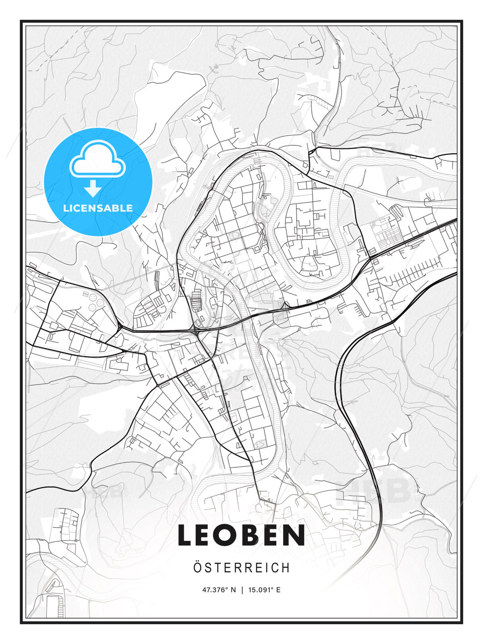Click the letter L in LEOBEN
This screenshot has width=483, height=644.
[x=185, y=535]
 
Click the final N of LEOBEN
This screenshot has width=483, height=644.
[x=297, y=535]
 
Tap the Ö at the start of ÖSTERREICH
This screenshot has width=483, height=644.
[x=197, y=567]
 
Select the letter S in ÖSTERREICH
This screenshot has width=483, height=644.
[x=208, y=568]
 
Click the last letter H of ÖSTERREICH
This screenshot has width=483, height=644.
[x=286, y=568]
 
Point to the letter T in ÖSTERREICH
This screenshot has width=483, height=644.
[x=218, y=568]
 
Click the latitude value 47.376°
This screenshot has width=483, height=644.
[x=216, y=590]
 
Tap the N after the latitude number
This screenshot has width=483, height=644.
[x=233, y=590]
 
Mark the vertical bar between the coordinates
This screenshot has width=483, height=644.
[x=242, y=590]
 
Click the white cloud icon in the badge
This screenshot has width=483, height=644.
[x=97, y=159]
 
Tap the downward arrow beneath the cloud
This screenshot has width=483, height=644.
[x=93, y=188]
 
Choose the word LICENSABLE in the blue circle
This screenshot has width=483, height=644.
[x=98, y=208]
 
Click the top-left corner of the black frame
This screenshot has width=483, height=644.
[x=21, y=21]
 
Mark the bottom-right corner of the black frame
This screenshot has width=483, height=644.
[x=462, y=623]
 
